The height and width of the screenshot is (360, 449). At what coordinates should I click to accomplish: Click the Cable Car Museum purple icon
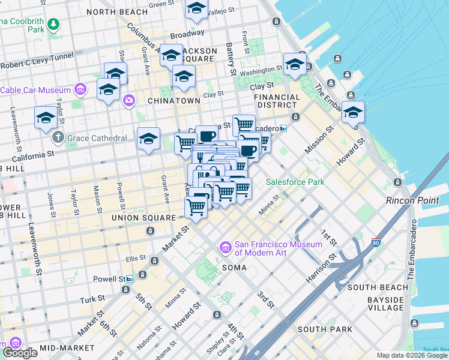[81, 91]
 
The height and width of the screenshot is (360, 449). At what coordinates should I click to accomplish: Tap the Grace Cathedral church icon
[58, 138]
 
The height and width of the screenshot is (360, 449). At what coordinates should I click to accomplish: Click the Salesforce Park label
[295, 182]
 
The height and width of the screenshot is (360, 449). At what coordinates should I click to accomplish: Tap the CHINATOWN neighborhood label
[173, 101]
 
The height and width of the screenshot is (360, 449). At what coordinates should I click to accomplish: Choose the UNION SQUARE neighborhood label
[143, 217]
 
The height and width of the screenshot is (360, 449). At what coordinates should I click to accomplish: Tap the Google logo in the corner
[20, 353]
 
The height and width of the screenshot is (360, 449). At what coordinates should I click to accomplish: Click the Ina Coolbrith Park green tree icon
[54, 24]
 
